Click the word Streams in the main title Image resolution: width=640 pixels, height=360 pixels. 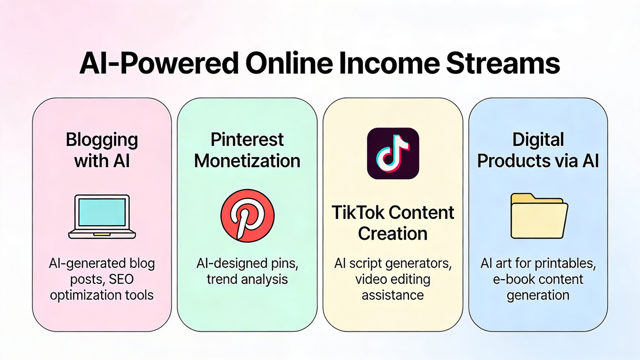tap(503, 64)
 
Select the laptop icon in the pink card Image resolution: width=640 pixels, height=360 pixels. tap(102, 216)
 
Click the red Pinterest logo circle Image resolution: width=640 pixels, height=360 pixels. tap(247, 216)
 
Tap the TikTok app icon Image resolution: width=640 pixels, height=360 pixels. tap(393, 153)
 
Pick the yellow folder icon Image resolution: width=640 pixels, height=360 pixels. tap(538, 216)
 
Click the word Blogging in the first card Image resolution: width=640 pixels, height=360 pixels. tap(102, 140)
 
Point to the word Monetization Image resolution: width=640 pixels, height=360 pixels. tap(247, 161)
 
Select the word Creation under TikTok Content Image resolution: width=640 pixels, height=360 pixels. tap(393, 234)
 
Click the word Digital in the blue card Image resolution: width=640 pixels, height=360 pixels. tap(538, 140)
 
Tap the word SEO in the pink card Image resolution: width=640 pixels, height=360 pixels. tap(121, 279)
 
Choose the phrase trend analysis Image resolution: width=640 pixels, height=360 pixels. tap(247, 279)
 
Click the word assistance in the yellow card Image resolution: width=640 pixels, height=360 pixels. tap(393, 295)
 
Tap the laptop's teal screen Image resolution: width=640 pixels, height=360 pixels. tap(102, 212)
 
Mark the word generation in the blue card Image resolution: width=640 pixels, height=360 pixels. tap(538, 295)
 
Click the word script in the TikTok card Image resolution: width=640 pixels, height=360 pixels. tap(362, 263)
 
